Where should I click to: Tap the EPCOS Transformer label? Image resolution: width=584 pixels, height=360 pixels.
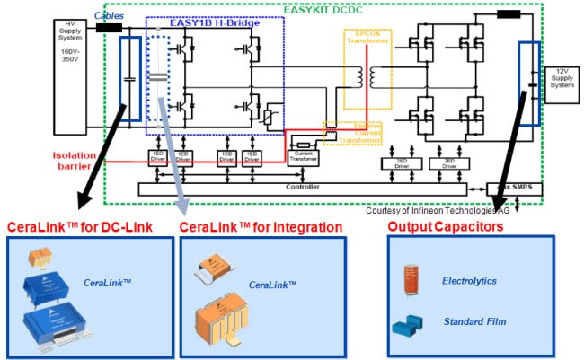363,43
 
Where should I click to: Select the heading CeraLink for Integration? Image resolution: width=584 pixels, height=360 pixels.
261,226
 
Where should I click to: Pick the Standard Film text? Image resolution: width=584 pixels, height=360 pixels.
473,320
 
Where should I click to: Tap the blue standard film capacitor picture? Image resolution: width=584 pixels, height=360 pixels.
411,324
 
